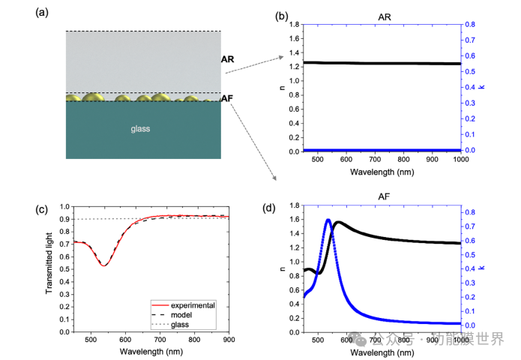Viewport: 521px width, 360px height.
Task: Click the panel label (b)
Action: [283, 15]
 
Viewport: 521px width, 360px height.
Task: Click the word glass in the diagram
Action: [140, 129]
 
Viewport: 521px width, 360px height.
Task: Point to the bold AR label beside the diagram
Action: [228, 58]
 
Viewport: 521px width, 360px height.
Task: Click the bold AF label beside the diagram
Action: [228, 99]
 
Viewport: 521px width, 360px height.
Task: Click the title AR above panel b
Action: [382, 15]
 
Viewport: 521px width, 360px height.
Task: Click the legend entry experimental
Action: [193, 305]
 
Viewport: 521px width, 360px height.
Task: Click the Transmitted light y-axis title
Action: [50, 268]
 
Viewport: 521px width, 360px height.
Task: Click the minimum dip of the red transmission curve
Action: [103, 265]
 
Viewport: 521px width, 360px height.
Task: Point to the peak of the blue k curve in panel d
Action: [328, 220]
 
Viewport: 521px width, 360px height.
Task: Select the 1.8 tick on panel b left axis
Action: [295, 25]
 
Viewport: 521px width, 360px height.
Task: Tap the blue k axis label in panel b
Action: [482, 88]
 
